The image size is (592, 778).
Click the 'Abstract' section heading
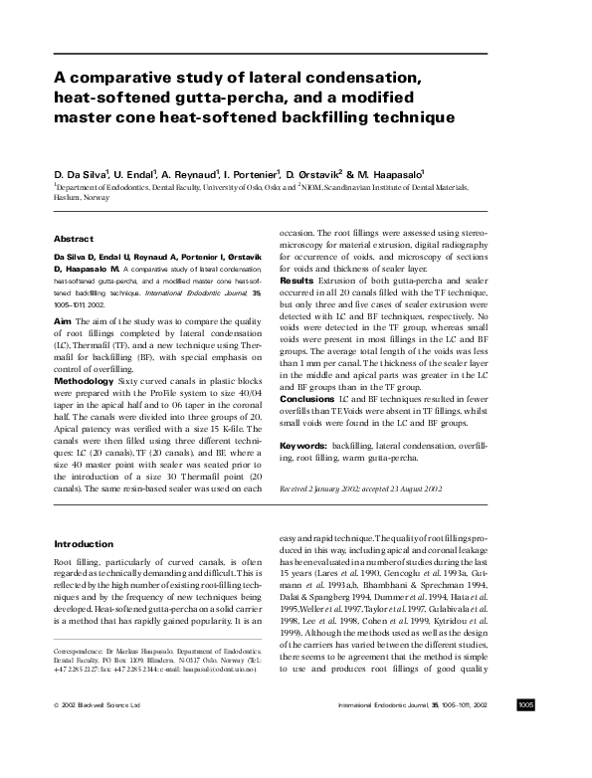point(73,240)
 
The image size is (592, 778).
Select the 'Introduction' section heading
point(83,544)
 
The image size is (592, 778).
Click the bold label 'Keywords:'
point(303,447)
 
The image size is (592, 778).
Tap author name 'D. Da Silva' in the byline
point(81,171)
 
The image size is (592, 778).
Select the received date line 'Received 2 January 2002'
point(326,490)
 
